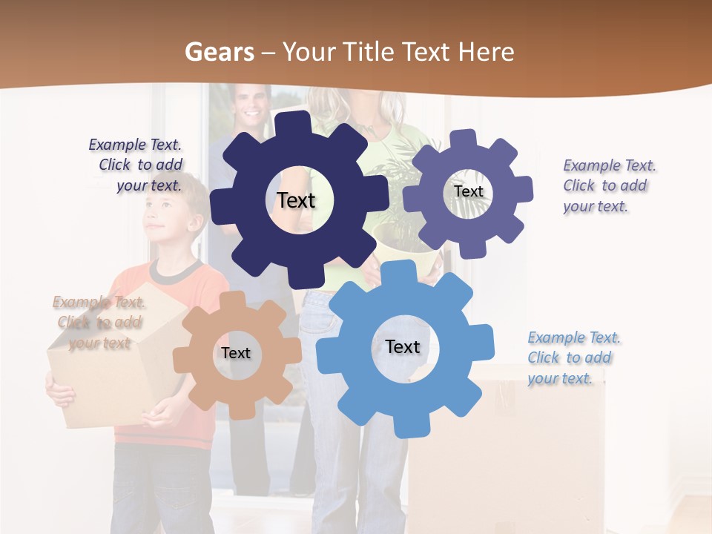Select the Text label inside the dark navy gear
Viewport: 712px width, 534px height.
pyautogui.click(x=296, y=200)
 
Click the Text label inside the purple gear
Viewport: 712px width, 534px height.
pyautogui.click(x=468, y=191)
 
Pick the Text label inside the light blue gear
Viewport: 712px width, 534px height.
pyautogui.click(x=403, y=346)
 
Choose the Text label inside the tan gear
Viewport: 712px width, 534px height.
pyautogui.click(x=236, y=353)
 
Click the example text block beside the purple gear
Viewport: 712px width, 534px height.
pyautogui.click(x=609, y=186)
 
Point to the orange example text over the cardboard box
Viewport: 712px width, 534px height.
pyautogui.click(x=99, y=323)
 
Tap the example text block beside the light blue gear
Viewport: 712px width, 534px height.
pyautogui.click(x=573, y=358)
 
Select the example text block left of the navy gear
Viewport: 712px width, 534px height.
pyautogui.click(x=136, y=165)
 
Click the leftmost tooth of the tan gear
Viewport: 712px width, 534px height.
pyautogui.click(x=182, y=361)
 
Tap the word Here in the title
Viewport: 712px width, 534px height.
pyautogui.click(x=487, y=52)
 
